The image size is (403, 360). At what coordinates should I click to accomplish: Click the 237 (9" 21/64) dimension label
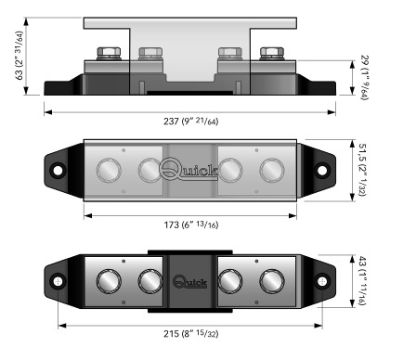click(191, 122)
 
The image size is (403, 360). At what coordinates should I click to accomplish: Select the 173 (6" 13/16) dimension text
click(191, 225)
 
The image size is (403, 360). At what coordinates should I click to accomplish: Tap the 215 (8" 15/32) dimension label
click(191, 334)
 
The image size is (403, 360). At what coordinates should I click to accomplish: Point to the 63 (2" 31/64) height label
click(19, 56)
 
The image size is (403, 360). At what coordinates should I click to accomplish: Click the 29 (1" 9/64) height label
click(364, 78)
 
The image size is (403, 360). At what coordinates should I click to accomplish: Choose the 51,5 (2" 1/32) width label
click(362, 170)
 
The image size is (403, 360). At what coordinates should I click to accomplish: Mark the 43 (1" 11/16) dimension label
click(362, 281)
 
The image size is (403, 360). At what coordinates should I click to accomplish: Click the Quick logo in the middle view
click(188, 169)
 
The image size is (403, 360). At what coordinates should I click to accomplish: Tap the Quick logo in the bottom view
click(189, 281)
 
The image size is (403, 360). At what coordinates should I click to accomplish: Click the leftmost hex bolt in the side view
click(109, 54)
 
